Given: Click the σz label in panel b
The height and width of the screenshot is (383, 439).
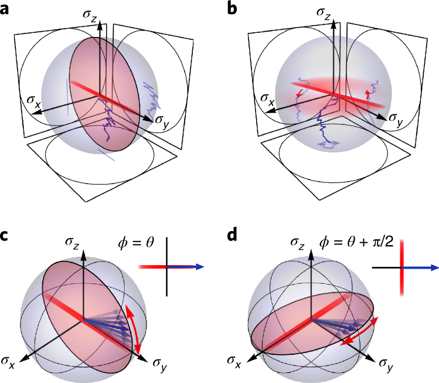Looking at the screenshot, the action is (x=325, y=12).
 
